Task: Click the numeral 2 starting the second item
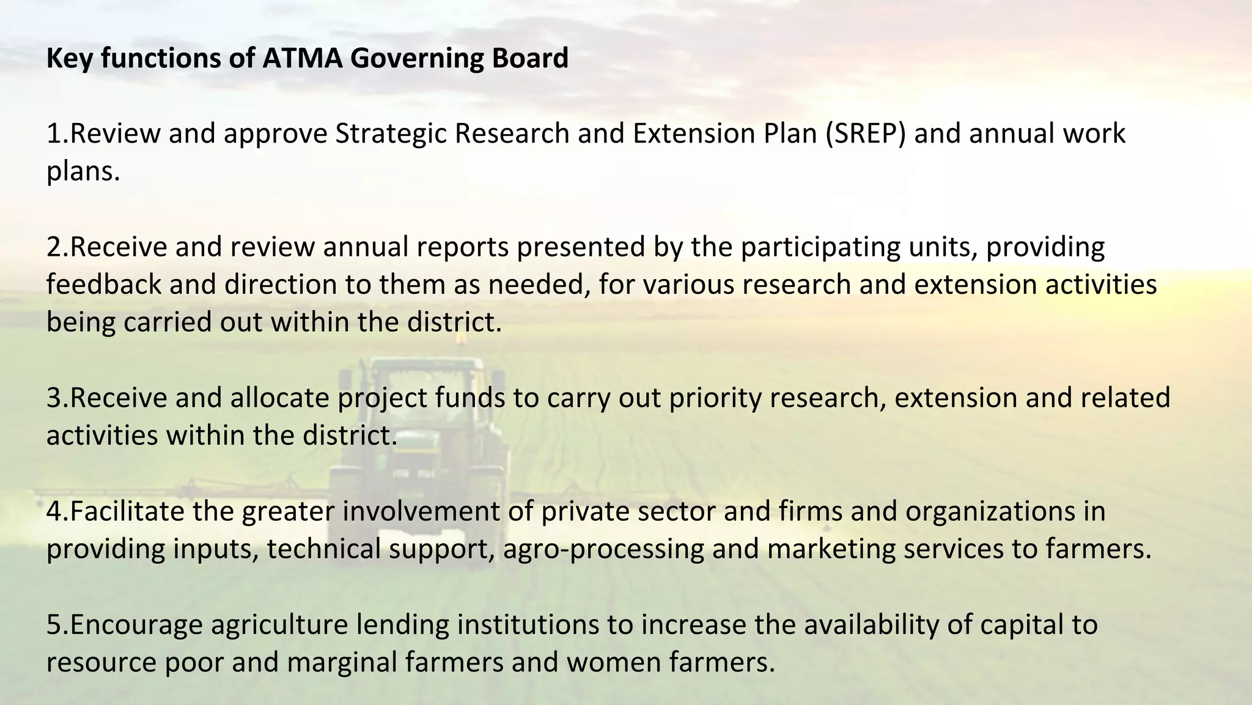(x=54, y=247)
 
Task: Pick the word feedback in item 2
(x=103, y=285)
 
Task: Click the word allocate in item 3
(x=280, y=398)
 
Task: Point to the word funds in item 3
(x=470, y=398)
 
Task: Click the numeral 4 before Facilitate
(x=54, y=512)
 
